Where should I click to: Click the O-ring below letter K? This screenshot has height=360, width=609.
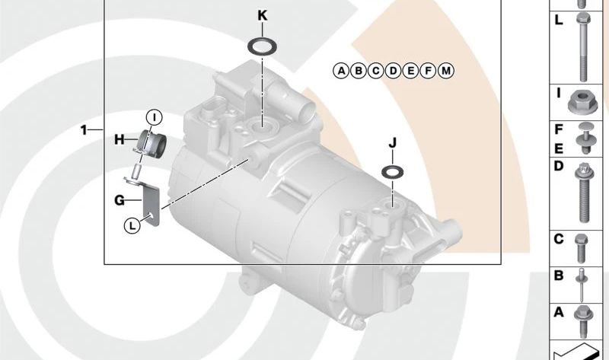coord(262,46)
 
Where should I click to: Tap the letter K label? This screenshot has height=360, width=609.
coord(263,15)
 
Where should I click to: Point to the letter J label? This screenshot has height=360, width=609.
coord(393,142)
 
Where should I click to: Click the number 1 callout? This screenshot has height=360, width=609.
coord(85,130)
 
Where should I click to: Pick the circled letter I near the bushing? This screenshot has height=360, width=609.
coord(154,116)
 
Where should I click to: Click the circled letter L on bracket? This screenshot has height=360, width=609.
coord(132,225)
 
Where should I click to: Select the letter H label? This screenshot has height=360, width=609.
coord(119,139)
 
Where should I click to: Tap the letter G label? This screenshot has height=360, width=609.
coord(119,200)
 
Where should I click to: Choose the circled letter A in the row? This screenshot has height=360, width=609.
coord(341,71)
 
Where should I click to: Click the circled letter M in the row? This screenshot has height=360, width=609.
coord(446,71)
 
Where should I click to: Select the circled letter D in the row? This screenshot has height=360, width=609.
coord(394,71)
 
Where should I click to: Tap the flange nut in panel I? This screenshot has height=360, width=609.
coord(584,100)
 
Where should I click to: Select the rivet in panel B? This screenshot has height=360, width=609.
coord(584,281)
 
